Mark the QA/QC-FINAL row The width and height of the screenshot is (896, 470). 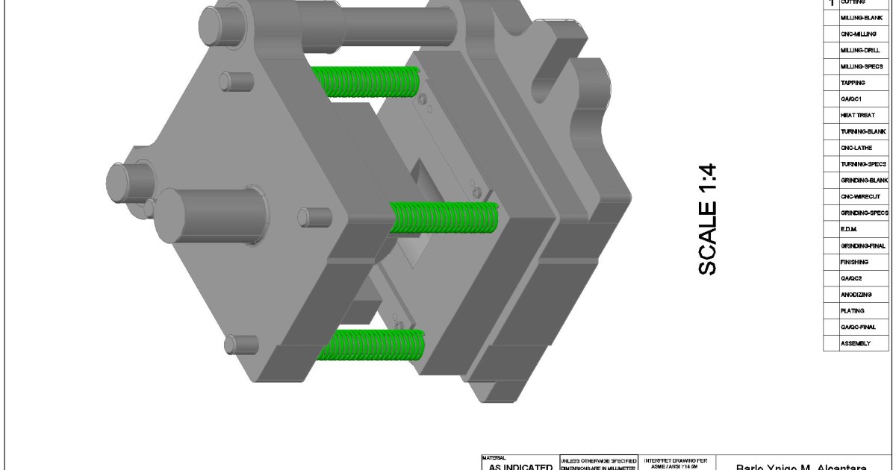[859, 328]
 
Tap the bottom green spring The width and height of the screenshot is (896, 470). [370, 344]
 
